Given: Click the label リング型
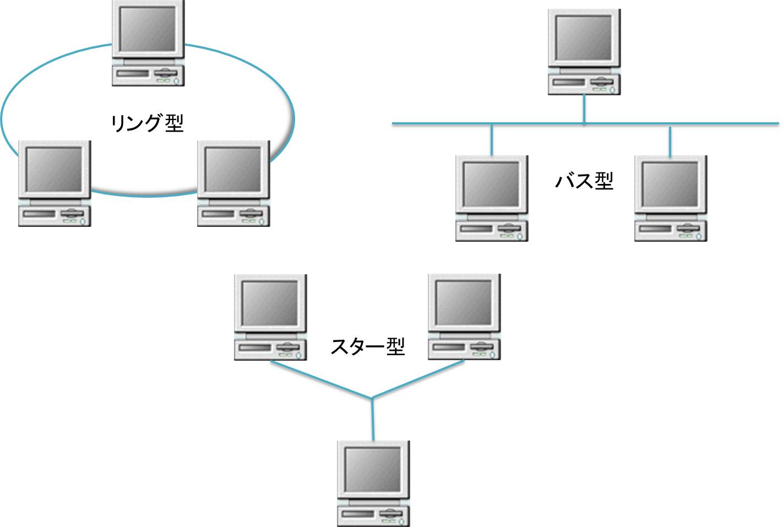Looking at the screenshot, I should (147, 122).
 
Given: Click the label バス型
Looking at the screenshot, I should (584, 180).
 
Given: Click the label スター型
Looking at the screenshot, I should (367, 346).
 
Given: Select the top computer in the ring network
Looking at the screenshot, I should (148, 43).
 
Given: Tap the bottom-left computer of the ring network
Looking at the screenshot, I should (55, 183).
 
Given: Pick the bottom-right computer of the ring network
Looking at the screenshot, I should (233, 183).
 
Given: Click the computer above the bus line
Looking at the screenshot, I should (584, 52).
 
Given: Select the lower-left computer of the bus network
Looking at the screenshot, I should (491, 198).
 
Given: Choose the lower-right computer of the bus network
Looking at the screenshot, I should (670, 198).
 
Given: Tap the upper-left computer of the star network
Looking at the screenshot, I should (270, 317).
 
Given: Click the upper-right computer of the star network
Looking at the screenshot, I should (464, 317).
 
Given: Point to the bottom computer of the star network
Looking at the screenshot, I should (373, 483).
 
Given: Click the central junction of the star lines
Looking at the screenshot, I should (373, 398).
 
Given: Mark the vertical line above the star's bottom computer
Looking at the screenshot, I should (373, 421).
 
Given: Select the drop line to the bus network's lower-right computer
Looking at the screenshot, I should (670, 141).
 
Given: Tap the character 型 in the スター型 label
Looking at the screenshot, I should (395, 346).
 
